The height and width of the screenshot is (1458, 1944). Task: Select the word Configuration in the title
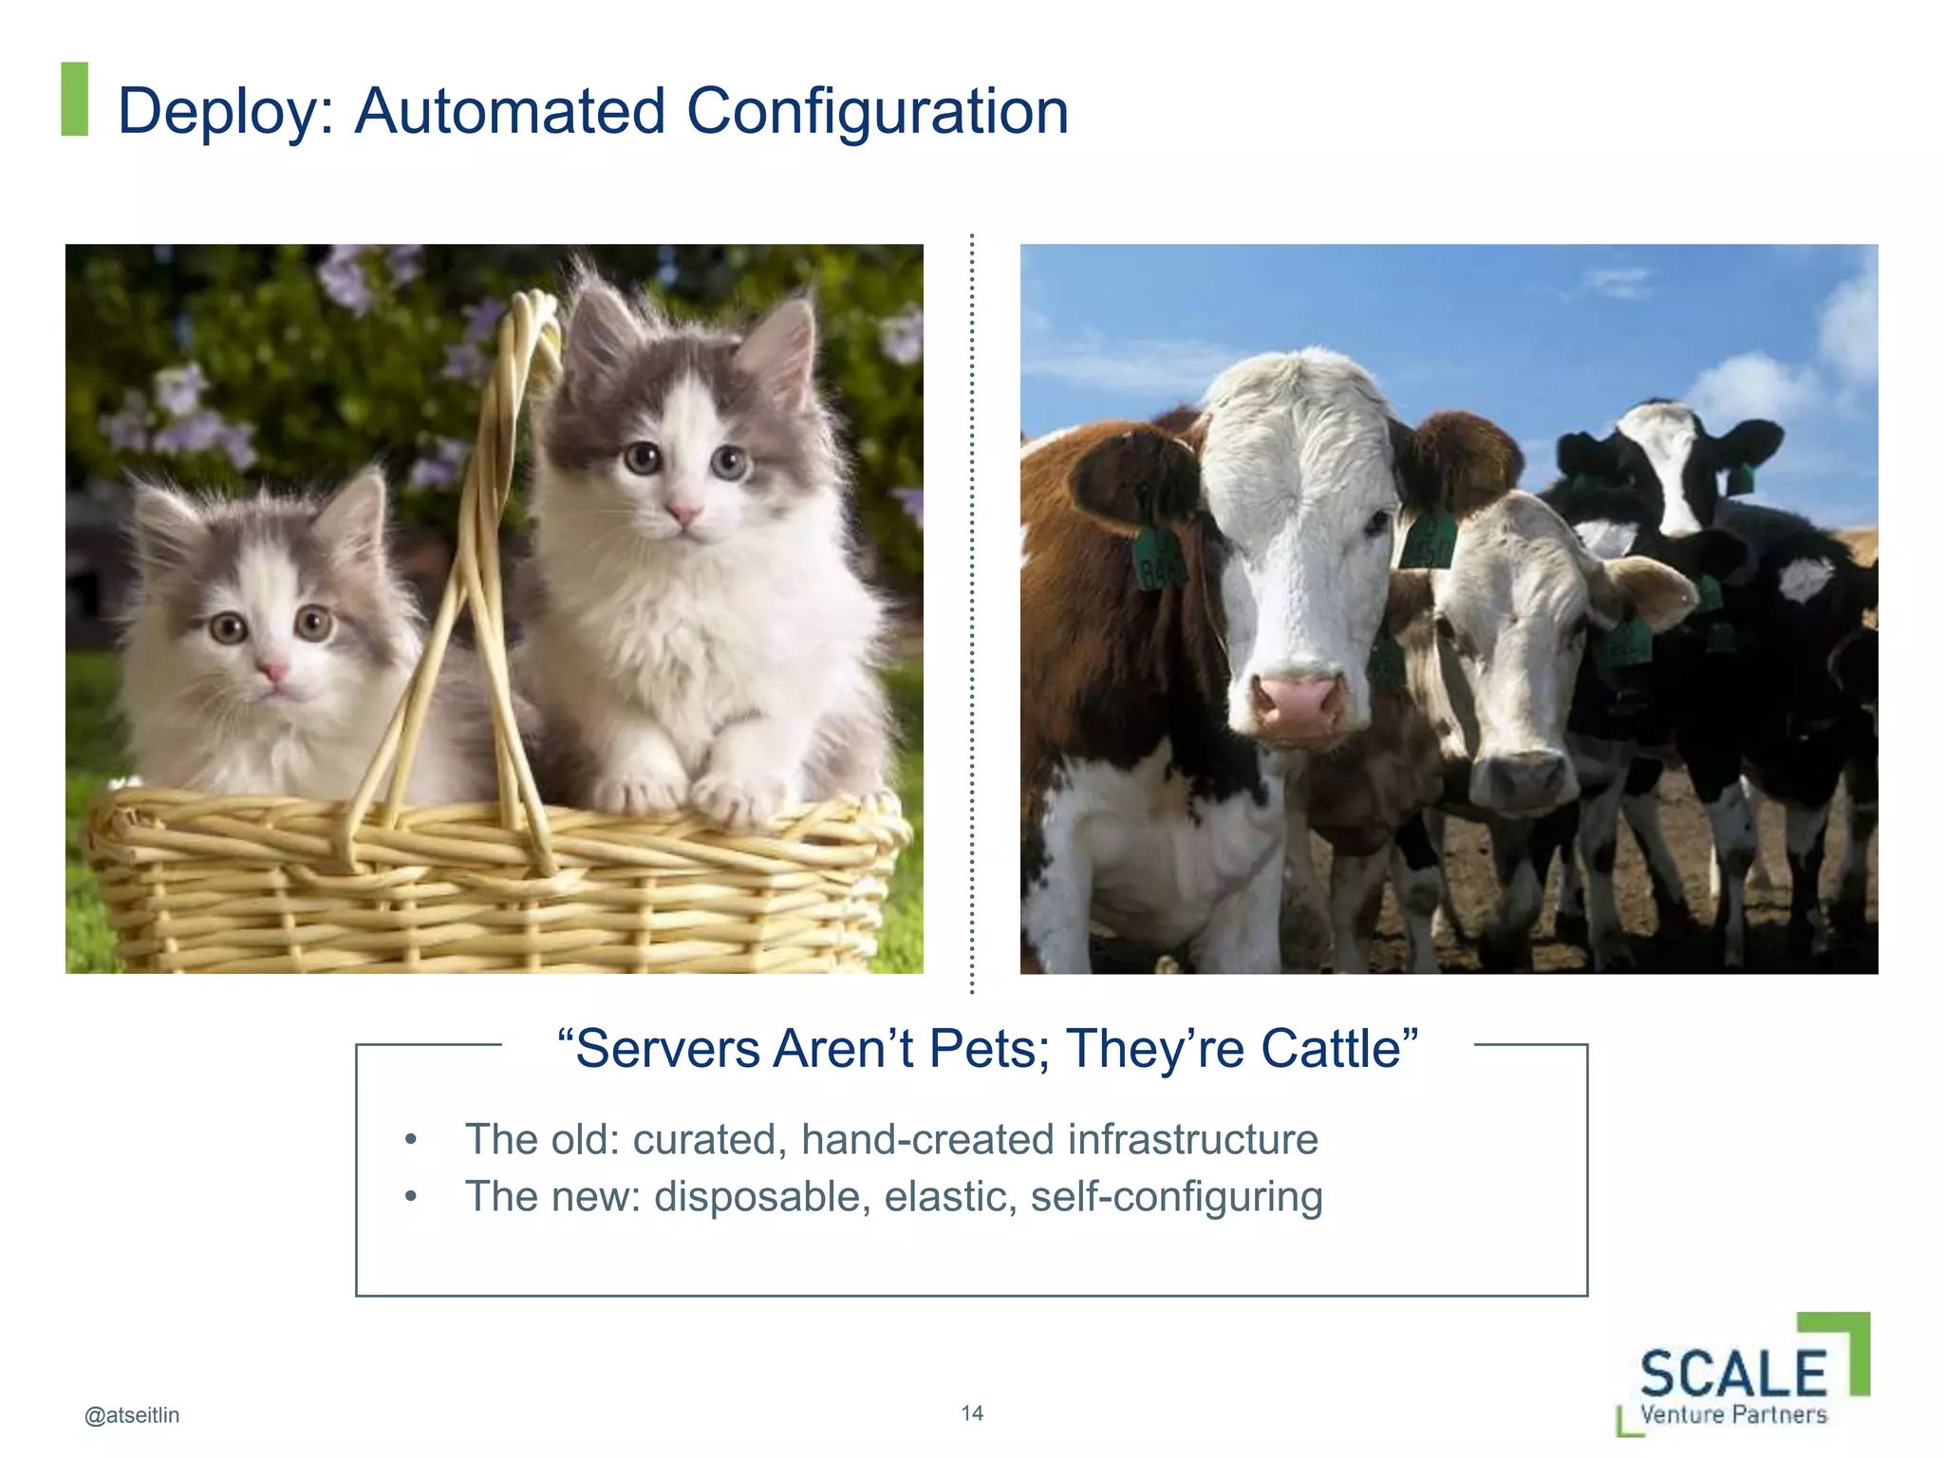coord(877,112)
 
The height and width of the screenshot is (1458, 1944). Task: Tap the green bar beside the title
coord(74,99)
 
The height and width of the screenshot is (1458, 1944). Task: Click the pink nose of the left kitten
coord(272,672)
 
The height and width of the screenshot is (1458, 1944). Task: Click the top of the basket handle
coord(532,308)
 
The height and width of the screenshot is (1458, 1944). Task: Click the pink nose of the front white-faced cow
coord(1297,702)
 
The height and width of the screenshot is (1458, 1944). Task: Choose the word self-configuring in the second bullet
coord(1176,1198)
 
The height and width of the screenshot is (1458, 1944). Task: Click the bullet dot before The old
coord(410,1140)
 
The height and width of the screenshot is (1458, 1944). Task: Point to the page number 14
coord(972,1413)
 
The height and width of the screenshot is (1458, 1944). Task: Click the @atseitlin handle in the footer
coord(132,1415)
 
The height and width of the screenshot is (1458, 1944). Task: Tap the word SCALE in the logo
coord(1733,1374)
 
